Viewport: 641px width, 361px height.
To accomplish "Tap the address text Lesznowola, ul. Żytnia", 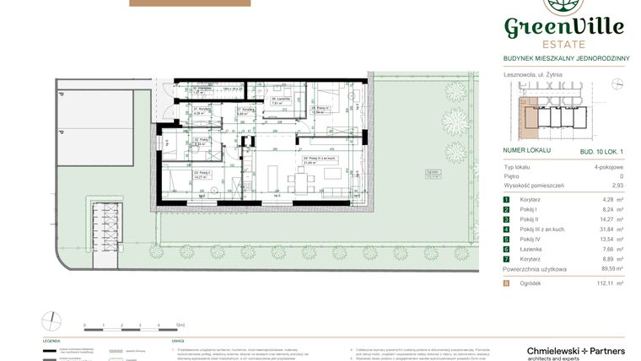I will pos(532,74).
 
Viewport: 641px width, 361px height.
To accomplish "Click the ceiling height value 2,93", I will pos(617,186).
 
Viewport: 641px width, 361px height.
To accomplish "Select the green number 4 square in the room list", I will pos(507,229).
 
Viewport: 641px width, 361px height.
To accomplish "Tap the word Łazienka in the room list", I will pos(529,250).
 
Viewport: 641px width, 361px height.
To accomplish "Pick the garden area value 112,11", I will pos(602,284).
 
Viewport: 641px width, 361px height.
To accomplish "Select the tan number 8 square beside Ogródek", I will pos(507,284).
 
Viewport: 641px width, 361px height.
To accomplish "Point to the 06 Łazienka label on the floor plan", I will pos(279,99).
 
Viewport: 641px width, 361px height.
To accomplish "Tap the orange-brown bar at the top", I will pos(190,3).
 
